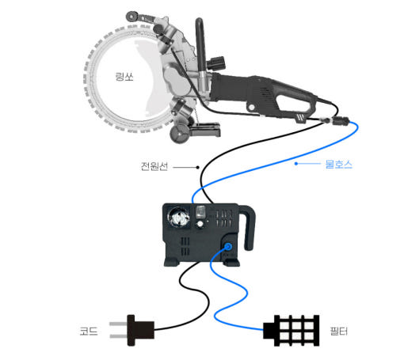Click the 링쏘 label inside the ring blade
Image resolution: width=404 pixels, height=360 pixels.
[124, 77]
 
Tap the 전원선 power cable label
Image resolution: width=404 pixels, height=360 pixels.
[154, 166]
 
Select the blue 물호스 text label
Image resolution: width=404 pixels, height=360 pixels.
[339, 164]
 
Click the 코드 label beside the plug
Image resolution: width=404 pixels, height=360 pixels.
[89, 331]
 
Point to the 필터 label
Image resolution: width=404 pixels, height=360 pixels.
[339, 331]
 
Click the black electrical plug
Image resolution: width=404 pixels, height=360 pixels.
[132, 330]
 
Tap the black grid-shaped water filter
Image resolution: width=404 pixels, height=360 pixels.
[292, 330]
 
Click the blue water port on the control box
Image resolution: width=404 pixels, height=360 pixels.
[228, 247]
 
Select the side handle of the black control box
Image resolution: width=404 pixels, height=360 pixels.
[247, 227]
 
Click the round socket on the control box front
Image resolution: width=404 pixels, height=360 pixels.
[179, 218]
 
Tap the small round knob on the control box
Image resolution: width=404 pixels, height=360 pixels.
[200, 224]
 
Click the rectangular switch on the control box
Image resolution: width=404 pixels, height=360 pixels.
[200, 212]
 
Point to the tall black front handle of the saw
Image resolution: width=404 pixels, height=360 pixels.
[201, 49]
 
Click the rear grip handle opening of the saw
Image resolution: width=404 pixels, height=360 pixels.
[294, 104]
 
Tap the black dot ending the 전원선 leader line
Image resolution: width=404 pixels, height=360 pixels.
[197, 167]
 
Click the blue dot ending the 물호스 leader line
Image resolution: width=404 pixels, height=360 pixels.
[296, 164]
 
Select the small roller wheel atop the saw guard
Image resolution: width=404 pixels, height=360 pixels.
[131, 17]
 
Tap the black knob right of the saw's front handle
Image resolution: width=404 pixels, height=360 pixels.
[216, 63]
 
